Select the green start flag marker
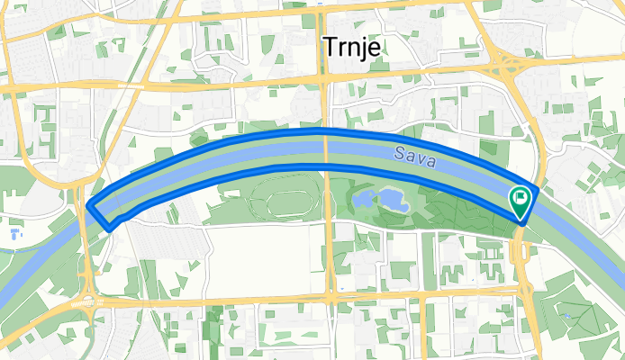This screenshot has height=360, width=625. (521, 201)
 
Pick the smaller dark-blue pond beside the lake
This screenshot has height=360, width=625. (365, 196)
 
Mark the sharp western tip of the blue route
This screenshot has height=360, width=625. (90, 207)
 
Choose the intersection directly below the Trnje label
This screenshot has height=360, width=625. (323, 79)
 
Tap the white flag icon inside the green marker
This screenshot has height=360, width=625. (521, 196)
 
